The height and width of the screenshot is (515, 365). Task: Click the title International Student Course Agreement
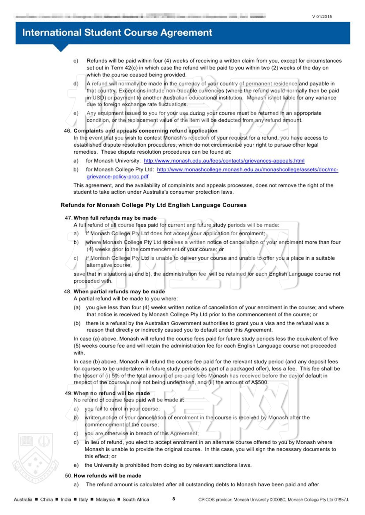pyautogui.click(x=117, y=33)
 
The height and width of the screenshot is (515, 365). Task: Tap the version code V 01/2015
pyautogui.click(x=322, y=17)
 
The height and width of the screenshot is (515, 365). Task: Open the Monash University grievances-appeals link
pyautogui.click(x=224, y=161)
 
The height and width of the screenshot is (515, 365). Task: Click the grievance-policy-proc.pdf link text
pyautogui.click(x=117, y=177)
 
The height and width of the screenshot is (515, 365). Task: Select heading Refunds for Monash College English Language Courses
pyautogui.click(x=154, y=205)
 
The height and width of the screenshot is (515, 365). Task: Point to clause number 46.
pyautogui.click(x=68, y=131)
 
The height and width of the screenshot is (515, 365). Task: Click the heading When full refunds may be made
pyautogui.click(x=115, y=218)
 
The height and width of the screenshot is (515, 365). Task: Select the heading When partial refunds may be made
pyautogui.click(x=119, y=292)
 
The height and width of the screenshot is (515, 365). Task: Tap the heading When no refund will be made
pyautogui.click(x=112, y=393)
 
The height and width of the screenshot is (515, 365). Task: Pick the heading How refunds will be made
pyautogui.click(x=107, y=476)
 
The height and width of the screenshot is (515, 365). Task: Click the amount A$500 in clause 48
pyautogui.click(x=259, y=382)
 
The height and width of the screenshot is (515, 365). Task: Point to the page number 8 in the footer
pyautogui.click(x=174, y=499)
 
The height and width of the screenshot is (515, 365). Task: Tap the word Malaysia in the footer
pyautogui.click(x=105, y=499)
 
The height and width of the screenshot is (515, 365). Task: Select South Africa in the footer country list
pyautogui.click(x=136, y=499)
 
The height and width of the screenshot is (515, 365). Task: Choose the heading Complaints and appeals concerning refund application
pyautogui.click(x=145, y=131)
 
